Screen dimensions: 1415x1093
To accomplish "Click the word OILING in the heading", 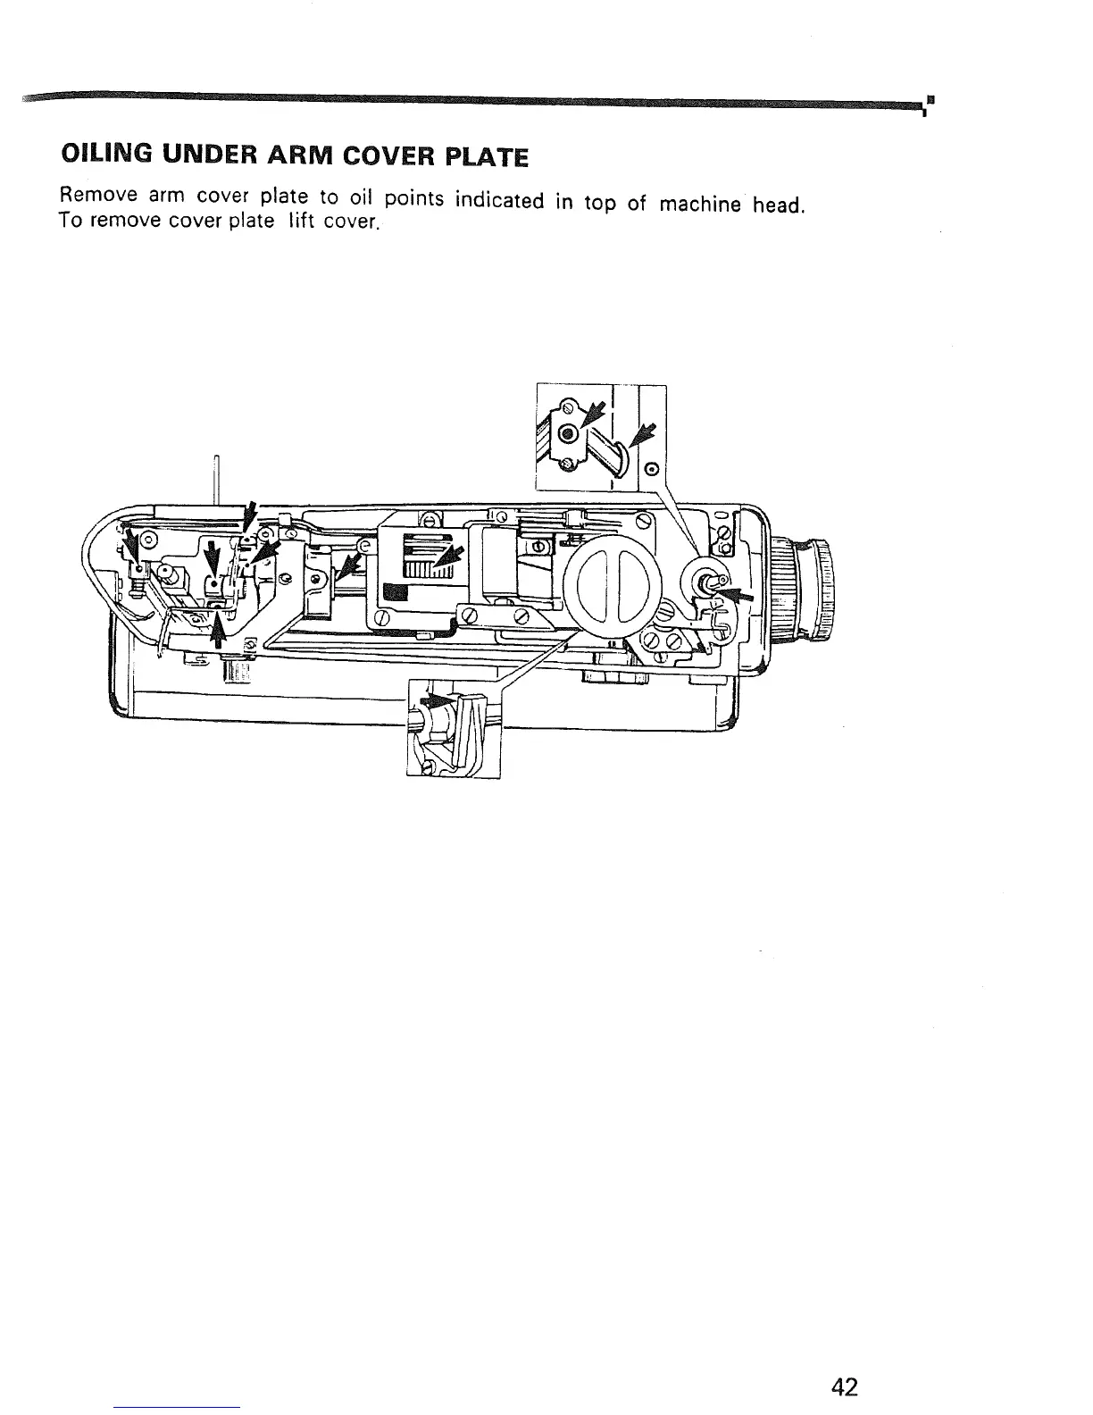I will (x=102, y=156).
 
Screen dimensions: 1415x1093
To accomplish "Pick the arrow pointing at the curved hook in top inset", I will (x=643, y=434).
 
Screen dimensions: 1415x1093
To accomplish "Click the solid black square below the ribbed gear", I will (x=395, y=592).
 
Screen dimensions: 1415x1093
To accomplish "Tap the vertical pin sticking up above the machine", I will (x=215, y=478).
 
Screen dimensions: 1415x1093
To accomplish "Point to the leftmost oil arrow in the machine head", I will (x=134, y=545).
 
